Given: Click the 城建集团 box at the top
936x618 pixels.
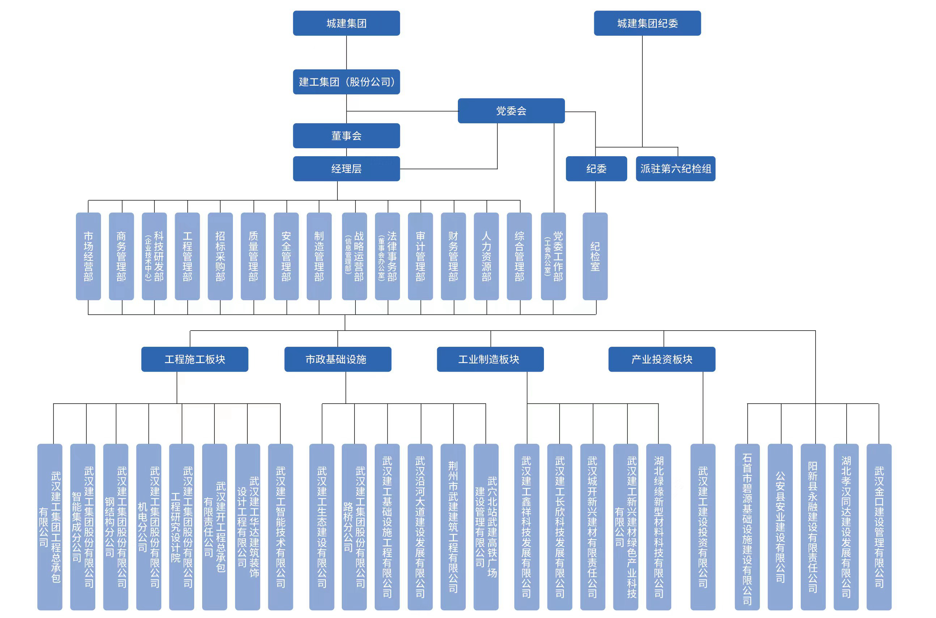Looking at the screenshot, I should click(346, 23).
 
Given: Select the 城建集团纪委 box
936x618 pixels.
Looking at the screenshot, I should click(647, 23).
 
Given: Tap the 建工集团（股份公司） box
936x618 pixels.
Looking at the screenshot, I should click(346, 82).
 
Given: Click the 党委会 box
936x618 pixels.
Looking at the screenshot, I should click(511, 111).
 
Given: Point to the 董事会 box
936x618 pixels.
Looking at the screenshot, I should click(346, 136).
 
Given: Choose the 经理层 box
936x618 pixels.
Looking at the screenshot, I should click(346, 169).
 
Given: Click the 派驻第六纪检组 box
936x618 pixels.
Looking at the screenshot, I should click(675, 169).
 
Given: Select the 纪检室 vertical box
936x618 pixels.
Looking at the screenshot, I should click(595, 256).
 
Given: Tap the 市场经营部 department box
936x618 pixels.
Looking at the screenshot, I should click(88, 256).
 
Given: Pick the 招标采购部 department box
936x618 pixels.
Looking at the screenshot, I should click(220, 256).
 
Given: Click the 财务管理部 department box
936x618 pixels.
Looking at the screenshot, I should click(453, 256).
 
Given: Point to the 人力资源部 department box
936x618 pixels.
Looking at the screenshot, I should click(486, 256).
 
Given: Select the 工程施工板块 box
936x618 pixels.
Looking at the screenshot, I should click(195, 359).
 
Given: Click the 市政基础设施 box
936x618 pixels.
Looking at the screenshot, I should click(337, 359).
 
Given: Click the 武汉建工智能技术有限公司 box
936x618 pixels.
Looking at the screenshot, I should click(280, 527).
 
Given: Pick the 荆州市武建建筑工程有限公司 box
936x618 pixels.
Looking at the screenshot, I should click(453, 527).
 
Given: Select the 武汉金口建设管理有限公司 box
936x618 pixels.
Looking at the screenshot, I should click(878, 527).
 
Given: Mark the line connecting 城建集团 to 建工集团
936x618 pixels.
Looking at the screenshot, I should click(346, 52).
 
